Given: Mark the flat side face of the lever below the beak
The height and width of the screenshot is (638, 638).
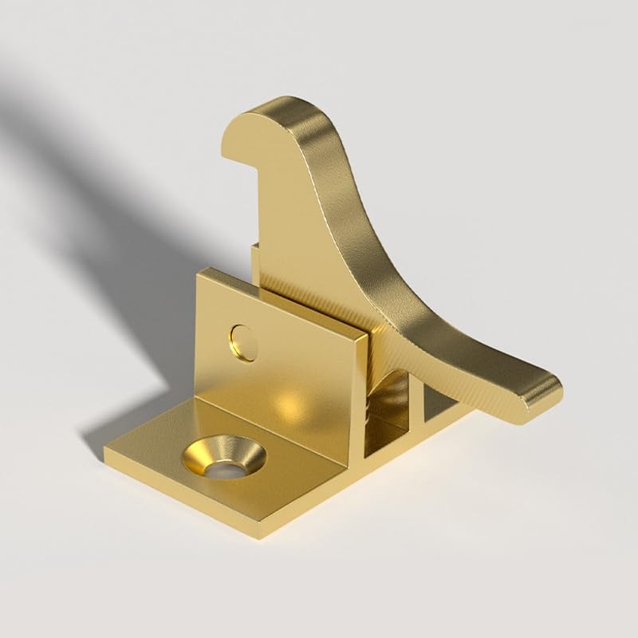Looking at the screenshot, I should (303, 231).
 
